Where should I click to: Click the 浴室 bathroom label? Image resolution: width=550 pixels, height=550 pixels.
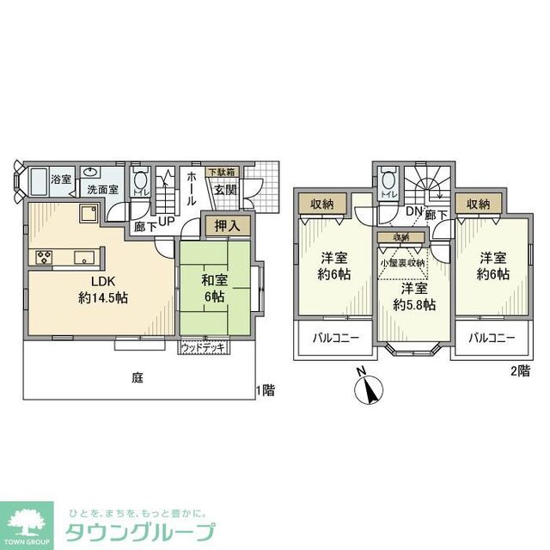click(x=60, y=180)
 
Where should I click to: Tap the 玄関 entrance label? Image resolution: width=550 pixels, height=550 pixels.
click(x=225, y=191)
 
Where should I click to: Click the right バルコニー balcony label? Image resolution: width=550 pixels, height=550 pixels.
click(x=492, y=338)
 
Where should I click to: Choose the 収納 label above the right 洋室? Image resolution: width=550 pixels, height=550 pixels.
click(x=479, y=204)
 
